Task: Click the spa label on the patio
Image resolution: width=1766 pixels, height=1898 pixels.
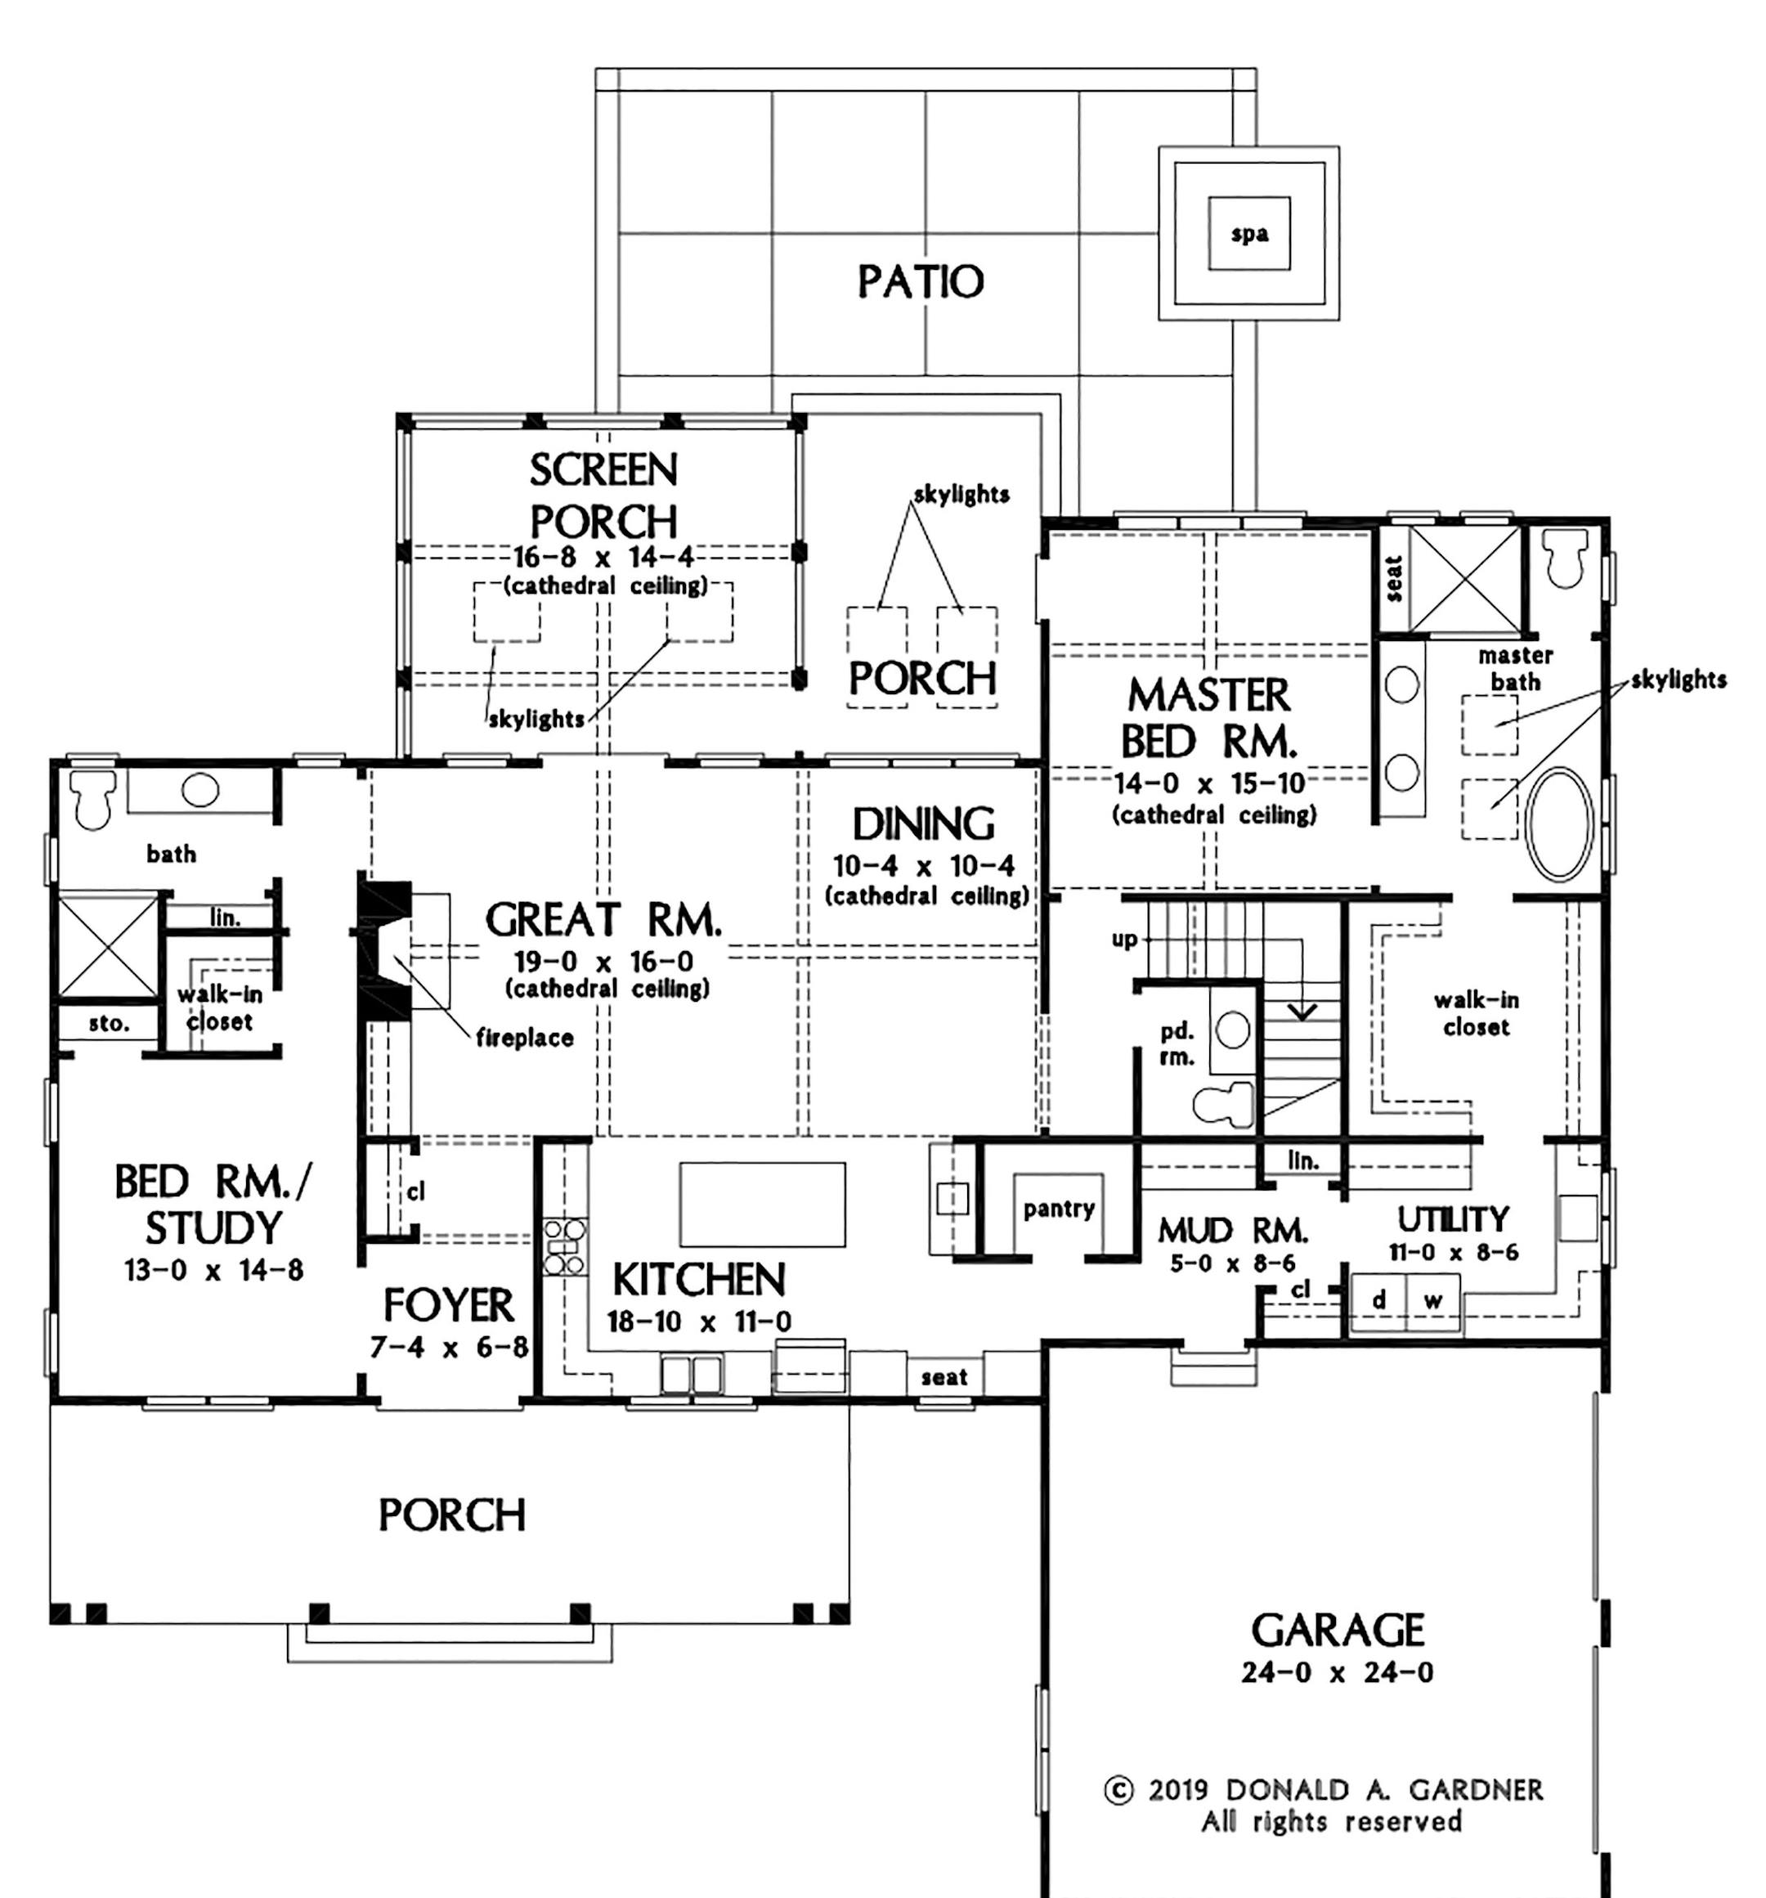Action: [x=1248, y=235]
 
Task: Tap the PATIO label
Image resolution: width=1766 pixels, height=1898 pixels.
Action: [x=921, y=281]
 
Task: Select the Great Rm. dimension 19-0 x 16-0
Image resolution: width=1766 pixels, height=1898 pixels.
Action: [x=604, y=961]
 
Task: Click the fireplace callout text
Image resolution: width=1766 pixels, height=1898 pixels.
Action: [x=525, y=1038]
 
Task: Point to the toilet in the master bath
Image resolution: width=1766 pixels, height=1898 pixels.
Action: [x=1562, y=558]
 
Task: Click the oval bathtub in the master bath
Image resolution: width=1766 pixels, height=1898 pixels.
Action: [x=1560, y=823]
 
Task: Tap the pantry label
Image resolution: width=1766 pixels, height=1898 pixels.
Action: [x=1059, y=1209]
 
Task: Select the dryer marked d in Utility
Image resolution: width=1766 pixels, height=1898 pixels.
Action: [x=1378, y=1300]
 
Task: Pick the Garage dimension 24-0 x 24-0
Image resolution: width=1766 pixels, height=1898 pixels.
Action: [x=1338, y=1672]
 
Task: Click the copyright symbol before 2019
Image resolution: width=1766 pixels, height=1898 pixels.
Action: [x=1118, y=1790]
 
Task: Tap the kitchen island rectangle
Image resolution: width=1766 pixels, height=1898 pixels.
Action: [x=762, y=1204]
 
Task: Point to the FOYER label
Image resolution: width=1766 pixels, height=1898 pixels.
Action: [x=449, y=1305]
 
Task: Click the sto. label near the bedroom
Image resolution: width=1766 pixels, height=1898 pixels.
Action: [x=109, y=1025]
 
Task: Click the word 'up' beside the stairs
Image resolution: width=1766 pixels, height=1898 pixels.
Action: [x=1124, y=940]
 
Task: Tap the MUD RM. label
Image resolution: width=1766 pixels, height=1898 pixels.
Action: [x=1233, y=1231]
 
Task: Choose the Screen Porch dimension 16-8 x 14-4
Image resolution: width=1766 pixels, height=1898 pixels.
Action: [x=603, y=557]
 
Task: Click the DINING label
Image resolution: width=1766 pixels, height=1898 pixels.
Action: [x=923, y=825]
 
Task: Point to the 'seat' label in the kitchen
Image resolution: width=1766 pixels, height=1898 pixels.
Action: [x=944, y=1378]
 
